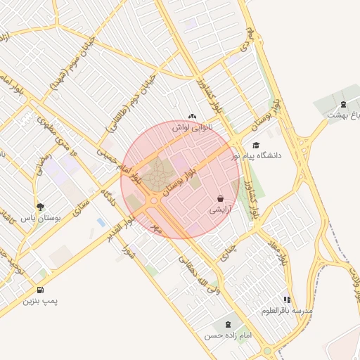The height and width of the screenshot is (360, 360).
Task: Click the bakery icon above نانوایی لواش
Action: [193, 116]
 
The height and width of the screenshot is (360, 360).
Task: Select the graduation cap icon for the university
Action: [256, 144]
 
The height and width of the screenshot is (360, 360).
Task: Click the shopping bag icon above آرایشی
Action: [221, 199]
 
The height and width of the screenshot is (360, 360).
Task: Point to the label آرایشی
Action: [221, 210]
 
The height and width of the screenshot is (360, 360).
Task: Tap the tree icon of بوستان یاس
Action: [40, 207]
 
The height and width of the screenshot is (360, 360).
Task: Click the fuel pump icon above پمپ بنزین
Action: [39, 290]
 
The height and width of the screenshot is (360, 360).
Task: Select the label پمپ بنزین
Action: [39, 301]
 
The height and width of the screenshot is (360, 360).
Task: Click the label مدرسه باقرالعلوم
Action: [287, 310]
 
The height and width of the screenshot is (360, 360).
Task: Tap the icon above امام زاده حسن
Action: [227, 324]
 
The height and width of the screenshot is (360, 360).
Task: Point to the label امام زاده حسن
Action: [227, 336]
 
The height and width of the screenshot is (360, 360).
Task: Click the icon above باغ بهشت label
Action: [343, 104]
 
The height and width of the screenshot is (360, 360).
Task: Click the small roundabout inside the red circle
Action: [154, 200]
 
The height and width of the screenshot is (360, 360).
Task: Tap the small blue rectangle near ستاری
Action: [101, 222]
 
